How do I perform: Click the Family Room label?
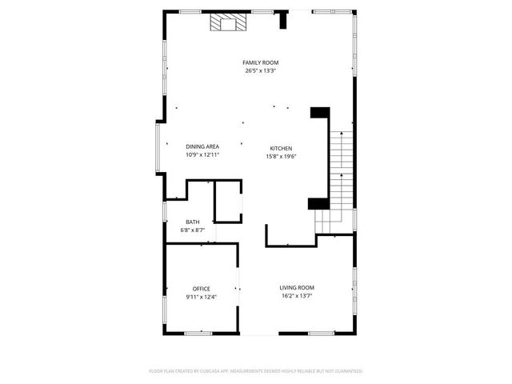pyautogui.click(x=261, y=62)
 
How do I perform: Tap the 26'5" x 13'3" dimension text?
pyautogui.click(x=261, y=70)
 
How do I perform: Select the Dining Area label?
pyautogui.click(x=202, y=146)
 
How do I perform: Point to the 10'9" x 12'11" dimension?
pyautogui.click(x=202, y=154)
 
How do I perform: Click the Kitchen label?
pyautogui.click(x=281, y=149)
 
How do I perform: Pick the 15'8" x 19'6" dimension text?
pyautogui.click(x=281, y=157)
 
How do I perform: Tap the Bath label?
pyautogui.click(x=193, y=222)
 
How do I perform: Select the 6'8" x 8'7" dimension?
pyautogui.click(x=193, y=230)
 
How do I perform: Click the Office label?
pyautogui.click(x=201, y=289)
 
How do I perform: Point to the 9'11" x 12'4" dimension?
pyautogui.click(x=201, y=297)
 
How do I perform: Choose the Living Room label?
pyautogui.click(x=296, y=288)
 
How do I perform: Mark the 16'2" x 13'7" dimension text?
pyautogui.click(x=296, y=296)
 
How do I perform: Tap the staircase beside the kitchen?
pyautogui.click(x=342, y=172)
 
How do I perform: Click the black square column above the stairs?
pyautogui.click(x=320, y=112)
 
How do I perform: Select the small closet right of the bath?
pyautogui.click(x=228, y=201)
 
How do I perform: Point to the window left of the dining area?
pyautogui.click(x=158, y=146)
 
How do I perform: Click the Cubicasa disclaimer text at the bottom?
pyautogui.click(x=256, y=371)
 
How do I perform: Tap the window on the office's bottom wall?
pyautogui.click(x=198, y=333)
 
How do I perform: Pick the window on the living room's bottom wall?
pyautogui.click(x=321, y=333)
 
